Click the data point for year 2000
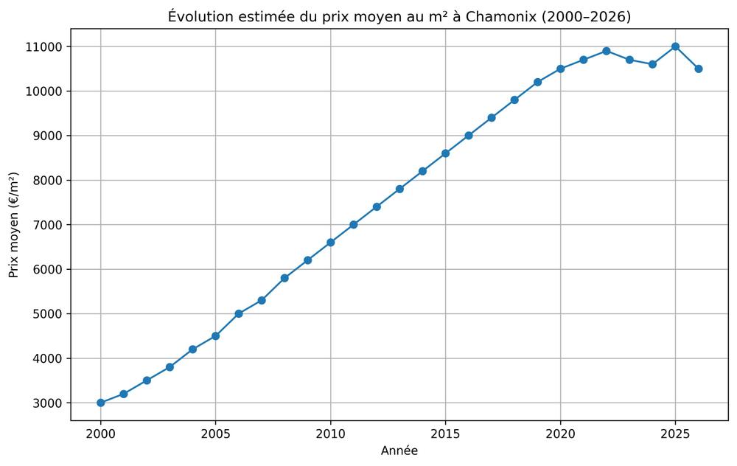pos(101,403)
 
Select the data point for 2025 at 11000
pos(675,46)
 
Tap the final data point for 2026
pos(698,69)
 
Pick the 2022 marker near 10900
pos(606,51)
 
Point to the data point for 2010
pos(330,243)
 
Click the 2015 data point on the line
pos(445,153)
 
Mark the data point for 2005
pos(215,336)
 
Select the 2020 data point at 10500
pos(560,69)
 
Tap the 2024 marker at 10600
pos(652,64)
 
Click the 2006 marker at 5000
pos(239,313)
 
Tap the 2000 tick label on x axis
pos(101,434)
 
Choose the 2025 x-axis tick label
pos(675,434)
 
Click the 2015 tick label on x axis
pos(445,434)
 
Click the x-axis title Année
pos(399,451)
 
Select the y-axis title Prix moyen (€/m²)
pos(14,225)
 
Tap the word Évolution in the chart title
pos(197,16)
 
